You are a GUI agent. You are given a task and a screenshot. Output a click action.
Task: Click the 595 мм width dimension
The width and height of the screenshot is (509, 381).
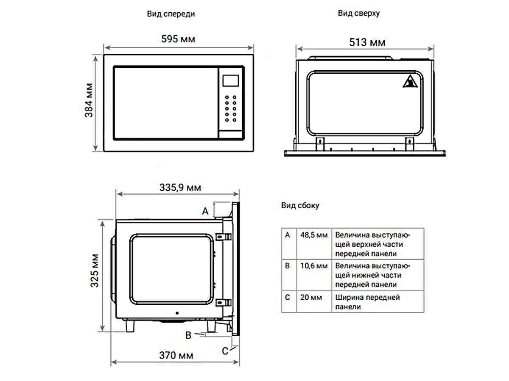pyautogui.click(x=178, y=39)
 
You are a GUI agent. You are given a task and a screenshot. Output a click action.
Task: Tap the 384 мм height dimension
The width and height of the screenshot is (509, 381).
pyautogui.click(x=89, y=100)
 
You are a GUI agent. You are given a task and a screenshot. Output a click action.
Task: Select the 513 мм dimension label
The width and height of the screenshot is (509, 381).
pyautogui.click(x=367, y=43)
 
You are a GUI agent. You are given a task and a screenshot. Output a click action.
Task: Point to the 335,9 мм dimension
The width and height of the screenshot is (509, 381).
pyautogui.click(x=180, y=188)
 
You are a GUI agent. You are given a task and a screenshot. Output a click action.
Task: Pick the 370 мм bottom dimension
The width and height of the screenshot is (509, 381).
pyautogui.click(x=176, y=355)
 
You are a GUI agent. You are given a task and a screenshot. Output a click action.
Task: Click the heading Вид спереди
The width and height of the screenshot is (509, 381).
pyautogui.click(x=171, y=14)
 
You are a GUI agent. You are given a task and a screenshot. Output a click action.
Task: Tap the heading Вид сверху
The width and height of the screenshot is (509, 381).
pyautogui.click(x=359, y=13)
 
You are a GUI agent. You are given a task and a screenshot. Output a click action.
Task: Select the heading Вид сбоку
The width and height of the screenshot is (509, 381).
pyautogui.click(x=300, y=205)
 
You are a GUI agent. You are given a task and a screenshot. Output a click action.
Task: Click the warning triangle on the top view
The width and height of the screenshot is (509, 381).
pyautogui.click(x=410, y=81)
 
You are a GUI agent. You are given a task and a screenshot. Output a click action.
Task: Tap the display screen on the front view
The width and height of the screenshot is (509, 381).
pyautogui.click(x=231, y=80)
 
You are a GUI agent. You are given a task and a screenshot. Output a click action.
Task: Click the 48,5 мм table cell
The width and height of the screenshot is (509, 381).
pyautogui.click(x=314, y=235)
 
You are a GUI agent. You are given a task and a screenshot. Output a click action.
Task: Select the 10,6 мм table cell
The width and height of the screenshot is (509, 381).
pyautogui.click(x=314, y=266)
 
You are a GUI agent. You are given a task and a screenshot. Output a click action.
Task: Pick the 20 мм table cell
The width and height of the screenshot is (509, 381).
pyautogui.click(x=311, y=297)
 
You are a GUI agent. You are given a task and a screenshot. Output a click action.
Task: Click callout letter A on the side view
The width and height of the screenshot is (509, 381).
pyautogui.click(x=205, y=211)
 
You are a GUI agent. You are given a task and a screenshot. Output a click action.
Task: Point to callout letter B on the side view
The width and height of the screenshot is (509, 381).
pyautogui.click(x=188, y=335)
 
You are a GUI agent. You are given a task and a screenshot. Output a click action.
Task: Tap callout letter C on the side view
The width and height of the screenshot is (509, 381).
pyautogui.click(x=225, y=351)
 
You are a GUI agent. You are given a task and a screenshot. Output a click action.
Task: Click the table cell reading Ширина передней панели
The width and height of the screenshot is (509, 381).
pyautogui.click(x=368, y=302)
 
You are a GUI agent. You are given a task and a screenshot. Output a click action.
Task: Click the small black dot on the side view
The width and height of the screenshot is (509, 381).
pyautogui.click(x=177, y=313)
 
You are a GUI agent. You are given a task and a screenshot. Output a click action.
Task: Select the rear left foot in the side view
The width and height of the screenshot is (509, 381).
pyautogui.click(x=130, y=326)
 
